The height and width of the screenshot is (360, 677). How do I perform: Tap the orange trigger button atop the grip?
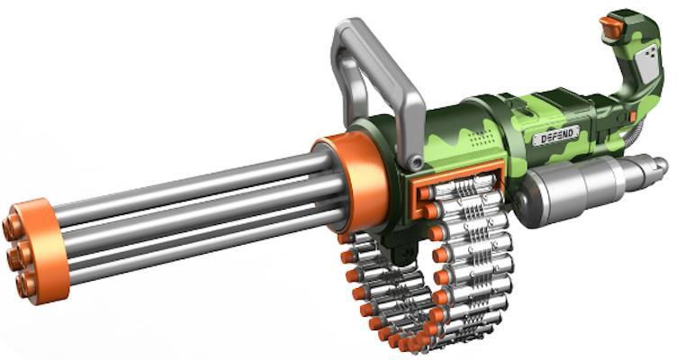pos(610,26)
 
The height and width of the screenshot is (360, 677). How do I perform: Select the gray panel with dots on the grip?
pos(647,64)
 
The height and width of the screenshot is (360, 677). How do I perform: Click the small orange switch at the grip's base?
pos(634,116)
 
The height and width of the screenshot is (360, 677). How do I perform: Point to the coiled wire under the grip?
pos(631,138)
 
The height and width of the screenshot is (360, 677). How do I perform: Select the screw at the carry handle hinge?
pos(415,163)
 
